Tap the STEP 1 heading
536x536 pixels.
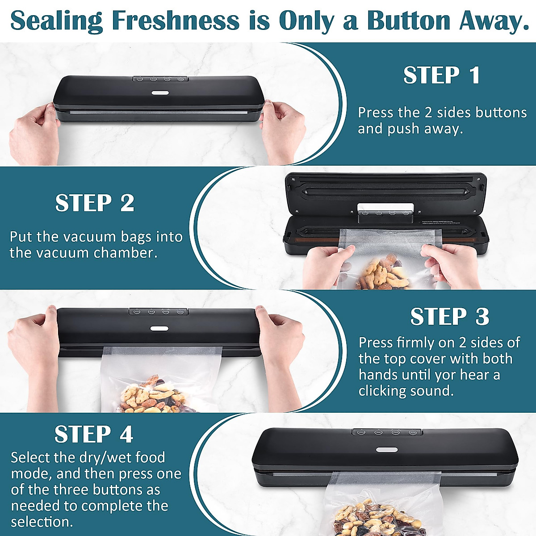pos(442,75)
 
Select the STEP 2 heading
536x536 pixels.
pos(95,203)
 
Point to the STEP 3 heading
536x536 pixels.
pos(450,317)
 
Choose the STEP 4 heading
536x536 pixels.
pos(94,434)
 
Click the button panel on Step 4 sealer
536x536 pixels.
pos(387,432)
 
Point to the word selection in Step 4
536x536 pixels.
pos(42,522)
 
